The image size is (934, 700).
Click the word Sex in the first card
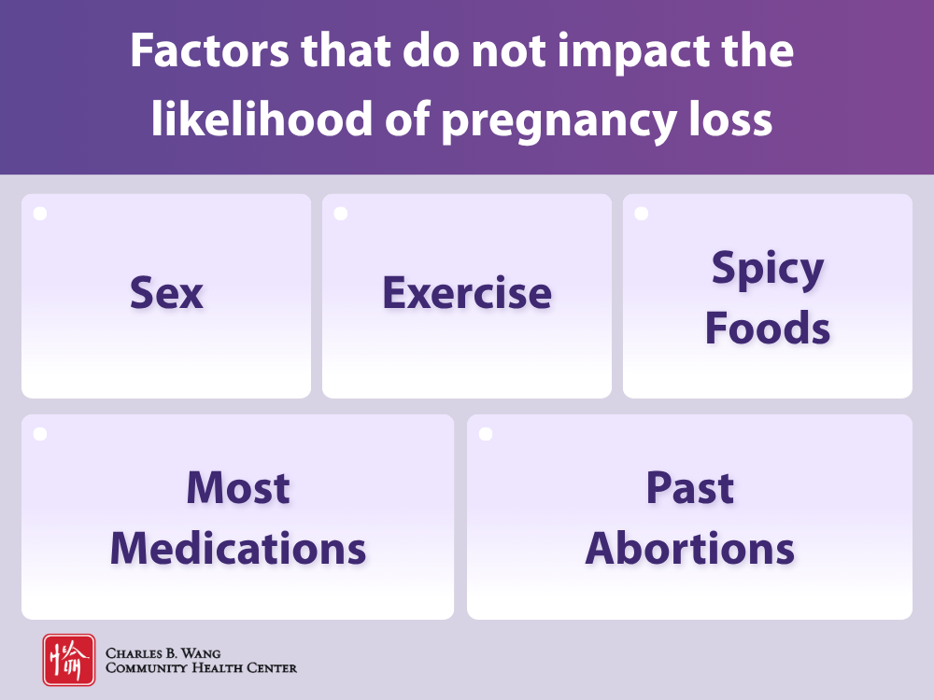[x=166, y=293]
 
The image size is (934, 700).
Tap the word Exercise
[x=467, y=293]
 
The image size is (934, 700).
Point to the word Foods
[x=768, y=329]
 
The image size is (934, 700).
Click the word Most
[x=238, y=488]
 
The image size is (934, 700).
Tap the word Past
[x=690, y=488]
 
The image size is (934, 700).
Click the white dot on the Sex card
[x=40, y=214]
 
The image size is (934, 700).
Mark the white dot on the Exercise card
[x=341, y=214]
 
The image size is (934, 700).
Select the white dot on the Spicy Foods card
[x=642, y=214]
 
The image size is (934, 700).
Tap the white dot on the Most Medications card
[x=40, y=434]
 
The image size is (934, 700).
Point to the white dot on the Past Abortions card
[x=486, y=434]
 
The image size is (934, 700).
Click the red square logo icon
[x=68, y=660]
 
